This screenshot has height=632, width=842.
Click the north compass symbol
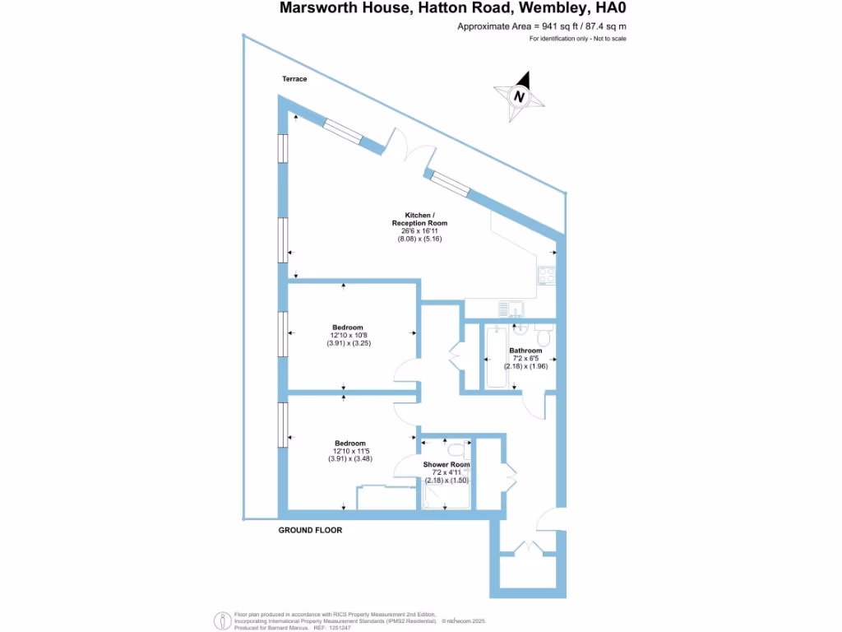coord(520,95)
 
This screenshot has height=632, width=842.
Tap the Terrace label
coord(294,79)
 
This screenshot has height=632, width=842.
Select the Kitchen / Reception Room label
coord(419,219)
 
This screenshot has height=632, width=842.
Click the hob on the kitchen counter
coord(547,276)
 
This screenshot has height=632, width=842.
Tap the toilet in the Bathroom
coord(543,337)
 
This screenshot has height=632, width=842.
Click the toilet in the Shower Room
coord(457,450)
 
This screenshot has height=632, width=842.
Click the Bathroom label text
coord(525,351)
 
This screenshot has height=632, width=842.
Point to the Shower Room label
coord(446,465)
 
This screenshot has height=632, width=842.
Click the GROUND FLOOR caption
coord(310,531)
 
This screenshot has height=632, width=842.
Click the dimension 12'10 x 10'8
coord(350,335)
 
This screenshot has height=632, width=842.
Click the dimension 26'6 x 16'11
coord(419,231)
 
